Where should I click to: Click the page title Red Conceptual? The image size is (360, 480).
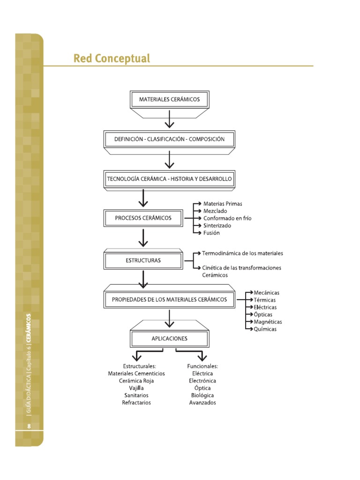click(112, 59)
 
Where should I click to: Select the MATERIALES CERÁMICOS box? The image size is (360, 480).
click(169, 99)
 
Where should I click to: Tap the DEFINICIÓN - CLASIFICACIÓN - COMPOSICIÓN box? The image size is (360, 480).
click(169, 139)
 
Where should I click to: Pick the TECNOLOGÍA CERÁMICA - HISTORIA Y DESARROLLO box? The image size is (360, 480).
click(169, 179)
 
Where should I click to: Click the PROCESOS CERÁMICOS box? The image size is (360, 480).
click(143, 218)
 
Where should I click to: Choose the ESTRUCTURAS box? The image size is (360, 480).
click(143, 260)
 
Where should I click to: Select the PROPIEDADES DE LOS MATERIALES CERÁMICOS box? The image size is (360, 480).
click(169, 299)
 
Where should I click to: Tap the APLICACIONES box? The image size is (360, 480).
click(169, 338)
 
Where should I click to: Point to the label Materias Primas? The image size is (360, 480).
click(223, 204)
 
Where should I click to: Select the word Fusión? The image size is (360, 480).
click(211, 233)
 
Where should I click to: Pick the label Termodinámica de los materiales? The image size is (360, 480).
click(242, 253)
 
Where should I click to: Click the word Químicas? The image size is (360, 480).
click(265, 329)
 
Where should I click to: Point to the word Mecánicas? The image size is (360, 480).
click(266, 293)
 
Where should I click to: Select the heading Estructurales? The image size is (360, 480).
click(136, 366)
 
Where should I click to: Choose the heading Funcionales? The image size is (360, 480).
click(202, 366)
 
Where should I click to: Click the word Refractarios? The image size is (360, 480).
click(136, 403)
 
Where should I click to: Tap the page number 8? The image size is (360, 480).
click(29, 426)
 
